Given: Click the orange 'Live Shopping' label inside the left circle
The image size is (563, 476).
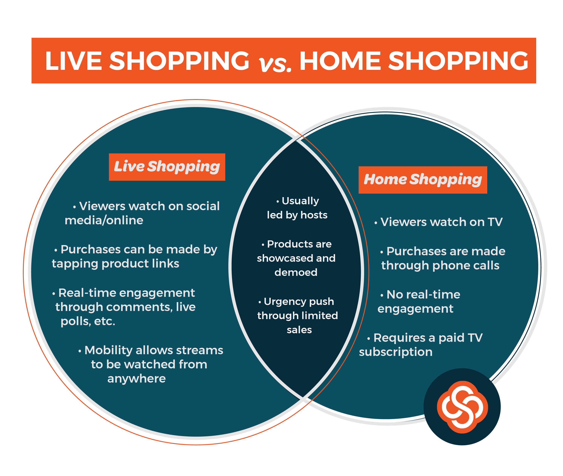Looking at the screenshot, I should click(x=167, y=167).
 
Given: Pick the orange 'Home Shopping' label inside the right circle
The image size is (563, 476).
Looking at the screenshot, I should click(x=423, y=180).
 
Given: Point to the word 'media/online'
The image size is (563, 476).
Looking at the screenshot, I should click(x=104, y=221).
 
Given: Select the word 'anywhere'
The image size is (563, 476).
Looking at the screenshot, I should click(x=136, y=379).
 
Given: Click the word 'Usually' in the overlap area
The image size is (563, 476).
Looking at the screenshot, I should click(x=300, y=201).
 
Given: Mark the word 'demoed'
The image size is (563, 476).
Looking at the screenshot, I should click(x=296, y=272).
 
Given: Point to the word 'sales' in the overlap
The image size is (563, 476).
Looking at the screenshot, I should click(x=299, y=330).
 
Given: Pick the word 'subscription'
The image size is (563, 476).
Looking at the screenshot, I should click(x=396, y=352).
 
